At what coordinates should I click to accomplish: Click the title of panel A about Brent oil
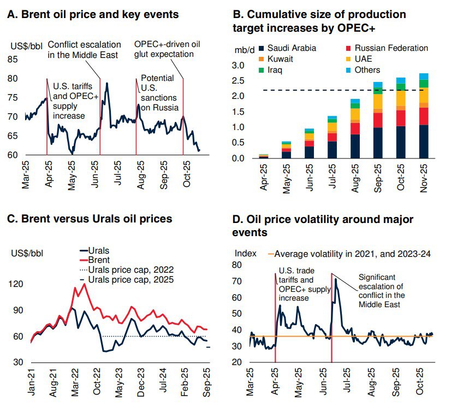pos(93,14)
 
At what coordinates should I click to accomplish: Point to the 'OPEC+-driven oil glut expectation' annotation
pos(164,49)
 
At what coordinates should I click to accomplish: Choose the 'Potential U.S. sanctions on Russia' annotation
pos(159,92)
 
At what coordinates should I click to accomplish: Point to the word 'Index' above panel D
pos(245,254)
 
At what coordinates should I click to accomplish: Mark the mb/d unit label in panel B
pos(245,50)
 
